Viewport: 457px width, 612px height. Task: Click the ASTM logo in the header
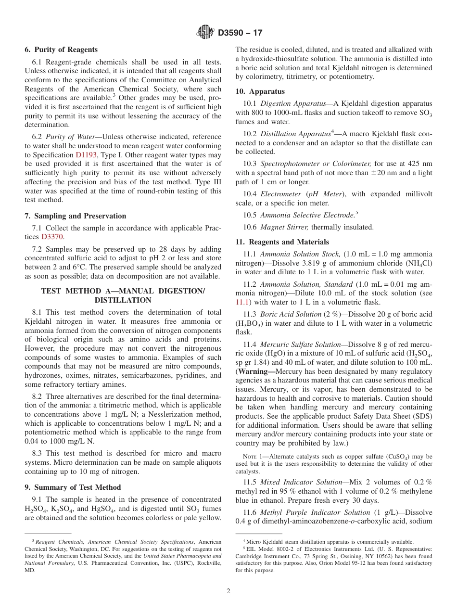205,33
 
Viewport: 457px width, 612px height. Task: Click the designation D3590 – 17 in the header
240,33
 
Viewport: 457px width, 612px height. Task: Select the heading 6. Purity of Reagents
61,50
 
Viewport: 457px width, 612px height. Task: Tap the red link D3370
52,237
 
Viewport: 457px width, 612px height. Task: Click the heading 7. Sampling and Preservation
76,216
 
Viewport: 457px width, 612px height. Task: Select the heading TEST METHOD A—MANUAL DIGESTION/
123,291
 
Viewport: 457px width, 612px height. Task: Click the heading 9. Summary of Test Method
73,487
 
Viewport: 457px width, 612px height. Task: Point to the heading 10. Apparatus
260,91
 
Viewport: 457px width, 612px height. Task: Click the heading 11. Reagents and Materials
282,242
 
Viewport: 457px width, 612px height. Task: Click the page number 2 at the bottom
228,591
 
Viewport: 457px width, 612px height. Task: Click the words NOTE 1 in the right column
253,457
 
